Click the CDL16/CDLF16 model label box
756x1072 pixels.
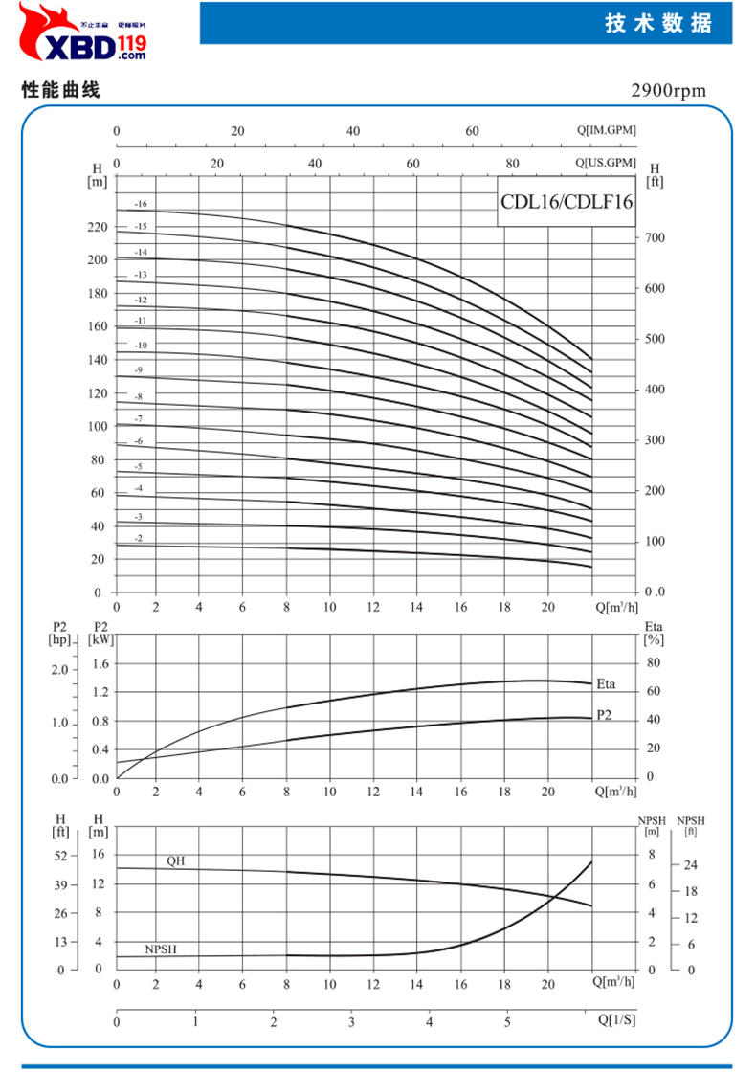click(x=567, y=202)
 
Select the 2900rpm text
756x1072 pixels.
click(x=668, y=91)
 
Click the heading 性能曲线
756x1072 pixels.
click(x=60, y=91)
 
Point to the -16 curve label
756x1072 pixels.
click(x=141, y=204)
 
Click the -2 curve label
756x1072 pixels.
click(x=139, y=539)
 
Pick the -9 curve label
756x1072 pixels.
click(x=139, y=370)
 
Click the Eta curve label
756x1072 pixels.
click(x=605, y=683)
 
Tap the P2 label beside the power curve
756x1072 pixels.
click(x=604, y=715)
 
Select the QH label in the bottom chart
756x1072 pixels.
click(x=175, y=860)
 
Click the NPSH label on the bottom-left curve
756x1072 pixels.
click(x=161, y=949)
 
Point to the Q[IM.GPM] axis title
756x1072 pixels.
click(x=606, y=130)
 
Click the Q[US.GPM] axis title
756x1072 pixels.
click(x=606, y=163)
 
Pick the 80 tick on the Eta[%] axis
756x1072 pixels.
click(x=655, y=662)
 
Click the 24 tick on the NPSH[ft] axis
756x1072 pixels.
click(x=689, y=864)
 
